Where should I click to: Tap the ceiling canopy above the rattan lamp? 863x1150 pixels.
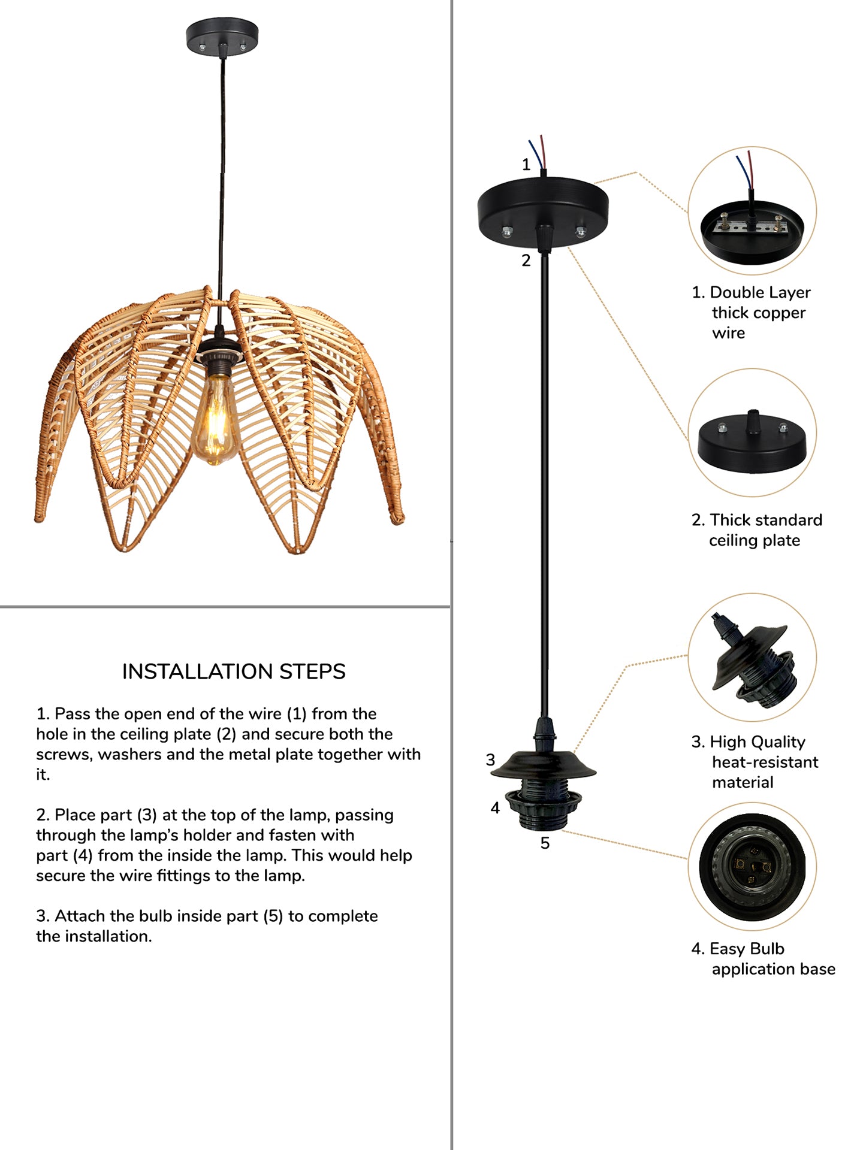[x=222, y=37]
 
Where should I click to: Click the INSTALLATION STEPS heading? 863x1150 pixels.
[x=234, y=671]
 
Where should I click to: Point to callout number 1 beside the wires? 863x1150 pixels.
[x=526, y=164]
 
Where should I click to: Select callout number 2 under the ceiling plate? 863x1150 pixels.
[x=526, y=261]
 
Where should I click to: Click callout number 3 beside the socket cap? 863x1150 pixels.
[x=491, y=760]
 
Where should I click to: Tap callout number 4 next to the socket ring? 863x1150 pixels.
[x=495, y=808]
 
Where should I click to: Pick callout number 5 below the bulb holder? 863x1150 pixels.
[x=545, y=843]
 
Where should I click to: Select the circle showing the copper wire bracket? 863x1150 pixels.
[x=752, y=211]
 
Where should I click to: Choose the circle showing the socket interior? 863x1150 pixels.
[x=752, y=866]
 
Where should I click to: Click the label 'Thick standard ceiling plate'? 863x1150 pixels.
[x=757, y=530]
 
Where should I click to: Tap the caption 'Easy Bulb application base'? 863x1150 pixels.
[x=763, y=959]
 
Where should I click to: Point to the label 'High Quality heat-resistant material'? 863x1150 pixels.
[x=755, y=762]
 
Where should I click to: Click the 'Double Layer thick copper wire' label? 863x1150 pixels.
[x=751, y=312]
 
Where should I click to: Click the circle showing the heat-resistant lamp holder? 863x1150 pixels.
[x=752, y=658]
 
